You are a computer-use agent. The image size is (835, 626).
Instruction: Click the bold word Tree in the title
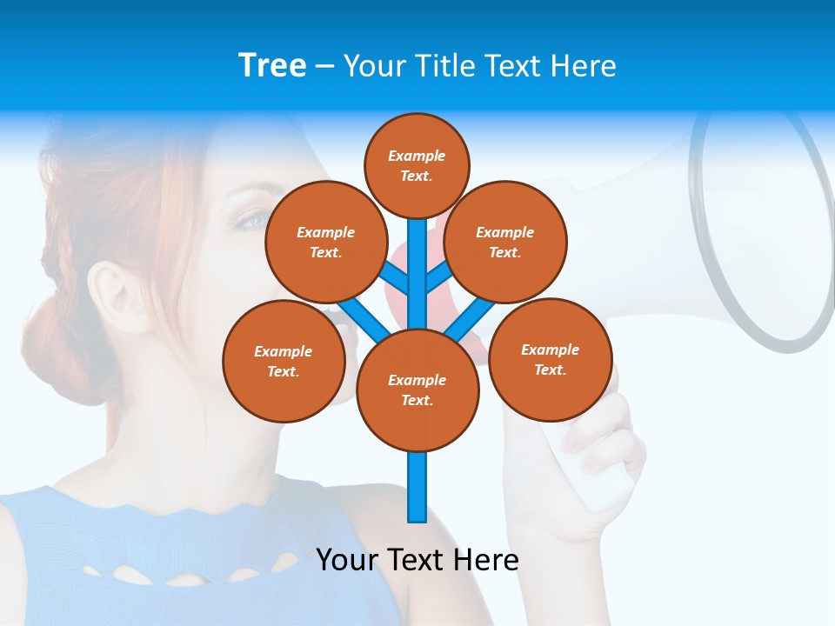272,65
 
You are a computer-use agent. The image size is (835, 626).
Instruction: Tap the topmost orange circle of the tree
417,165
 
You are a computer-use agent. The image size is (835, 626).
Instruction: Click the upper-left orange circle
326,242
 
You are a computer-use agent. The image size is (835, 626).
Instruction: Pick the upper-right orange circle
505,242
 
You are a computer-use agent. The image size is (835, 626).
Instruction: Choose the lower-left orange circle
284,361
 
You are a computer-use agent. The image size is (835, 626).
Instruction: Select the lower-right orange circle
550,359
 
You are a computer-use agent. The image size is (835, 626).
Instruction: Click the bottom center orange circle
417,390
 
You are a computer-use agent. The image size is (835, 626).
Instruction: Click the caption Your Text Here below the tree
417,560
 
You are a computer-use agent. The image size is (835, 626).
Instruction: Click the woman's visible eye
253,218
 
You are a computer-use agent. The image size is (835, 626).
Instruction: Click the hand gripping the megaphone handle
600,452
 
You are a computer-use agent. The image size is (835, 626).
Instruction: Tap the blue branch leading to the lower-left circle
364,319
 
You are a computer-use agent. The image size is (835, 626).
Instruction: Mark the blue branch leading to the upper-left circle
395,277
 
